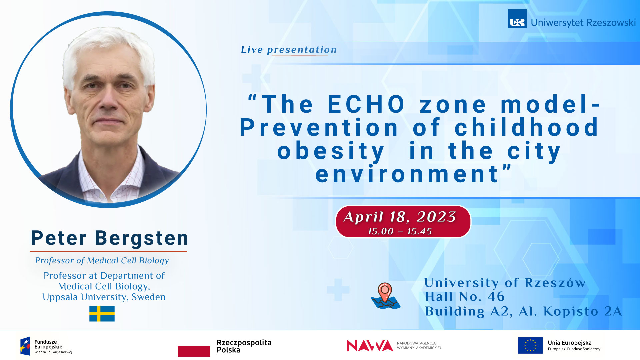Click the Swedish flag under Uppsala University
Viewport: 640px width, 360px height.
tap(102, 313)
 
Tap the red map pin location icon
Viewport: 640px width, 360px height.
tap(385, 292)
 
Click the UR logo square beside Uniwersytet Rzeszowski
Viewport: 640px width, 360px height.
tap(517, 19)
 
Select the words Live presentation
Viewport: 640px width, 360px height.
tap(289, 50)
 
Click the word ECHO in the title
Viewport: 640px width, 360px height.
tap(366, 104)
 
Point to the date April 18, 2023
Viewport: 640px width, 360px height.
tap(400, 217)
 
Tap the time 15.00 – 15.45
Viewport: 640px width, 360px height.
tap(400, 231)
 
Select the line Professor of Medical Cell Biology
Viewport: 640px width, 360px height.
tap(102, 260)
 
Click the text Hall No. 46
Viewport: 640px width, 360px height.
tap(465, 297)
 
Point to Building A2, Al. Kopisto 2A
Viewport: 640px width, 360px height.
tap(523, 311)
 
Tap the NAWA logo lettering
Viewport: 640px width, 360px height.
tap(370, 346)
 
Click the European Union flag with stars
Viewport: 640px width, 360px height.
tap(530, 345)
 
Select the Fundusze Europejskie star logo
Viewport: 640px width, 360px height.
tap(25, 346)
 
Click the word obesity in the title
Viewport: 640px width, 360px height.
tap(331, 151)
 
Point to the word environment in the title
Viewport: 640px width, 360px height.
tap(407, 174)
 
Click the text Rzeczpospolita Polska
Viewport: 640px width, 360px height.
tap(244, 346)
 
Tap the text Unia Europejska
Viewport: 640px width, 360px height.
tap(570, 343)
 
